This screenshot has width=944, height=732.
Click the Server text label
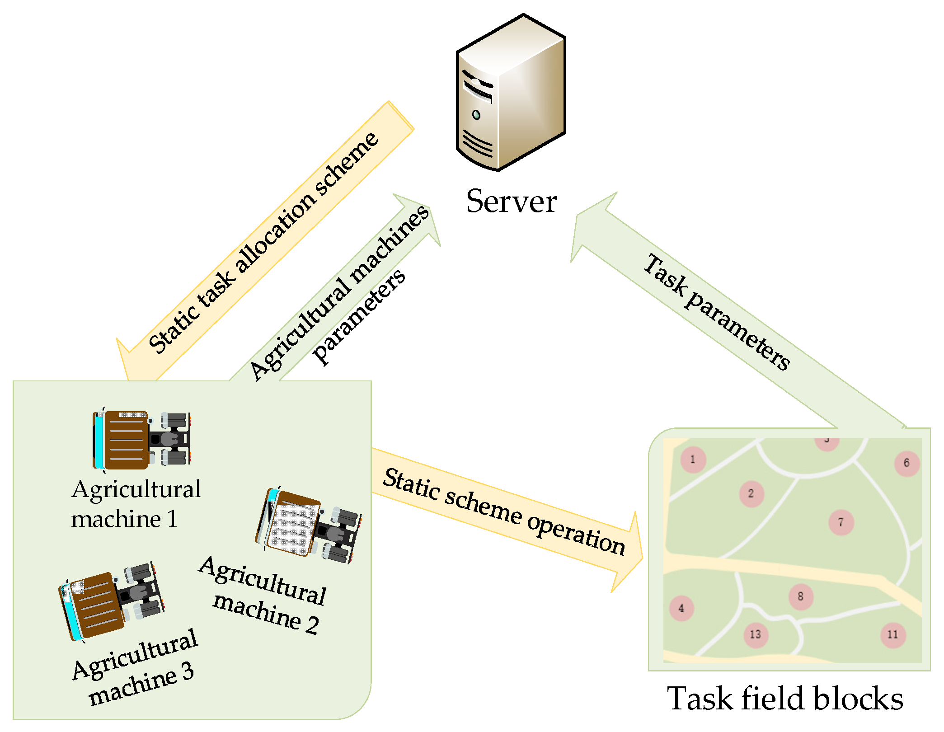[x=511, y=202]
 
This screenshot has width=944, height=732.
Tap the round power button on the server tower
[x=476, y=115]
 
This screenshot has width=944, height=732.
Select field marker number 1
[x=693, y=460]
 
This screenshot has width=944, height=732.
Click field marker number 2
[x=751, y=494]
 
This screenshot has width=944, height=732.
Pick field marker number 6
[x=906, y=463]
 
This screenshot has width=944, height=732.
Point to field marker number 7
[x=841, y=522]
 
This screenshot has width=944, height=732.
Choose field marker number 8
[x=801, y=597]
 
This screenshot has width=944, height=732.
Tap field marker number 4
[x=681, y=608]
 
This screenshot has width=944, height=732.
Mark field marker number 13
[x=756, y=635]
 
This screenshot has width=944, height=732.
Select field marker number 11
[x=892, y=635]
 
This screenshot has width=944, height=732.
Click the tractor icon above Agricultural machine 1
[x=141, y=440]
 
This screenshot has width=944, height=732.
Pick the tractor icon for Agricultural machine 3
[x=112, y=601]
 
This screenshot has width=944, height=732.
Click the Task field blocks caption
[x=785, y=699]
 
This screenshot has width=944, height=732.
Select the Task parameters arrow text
[x=717, y=311]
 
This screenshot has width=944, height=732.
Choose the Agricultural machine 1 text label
[x=136, y=503]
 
